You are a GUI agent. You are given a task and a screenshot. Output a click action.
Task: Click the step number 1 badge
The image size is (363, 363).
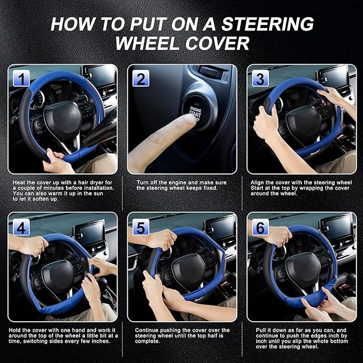(21, 79)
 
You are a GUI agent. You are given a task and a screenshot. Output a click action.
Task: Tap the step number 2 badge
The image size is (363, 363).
(141, 79)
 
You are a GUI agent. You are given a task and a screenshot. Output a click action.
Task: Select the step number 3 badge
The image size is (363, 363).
(260, 79)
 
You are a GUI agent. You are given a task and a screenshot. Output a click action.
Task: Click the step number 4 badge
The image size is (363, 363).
(21, 227)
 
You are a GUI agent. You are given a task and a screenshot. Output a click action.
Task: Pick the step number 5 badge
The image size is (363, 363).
(141, 227)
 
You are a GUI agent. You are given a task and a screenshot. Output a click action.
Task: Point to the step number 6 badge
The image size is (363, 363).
(260, 227)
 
